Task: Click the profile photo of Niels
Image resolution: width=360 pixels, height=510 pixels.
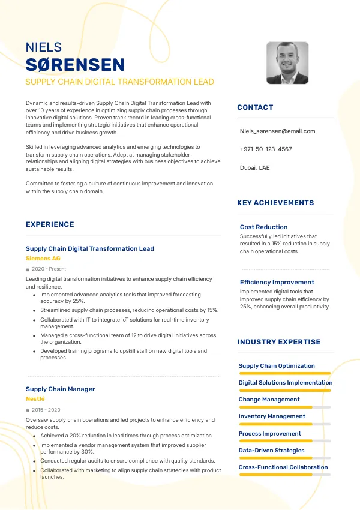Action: coord(287,63)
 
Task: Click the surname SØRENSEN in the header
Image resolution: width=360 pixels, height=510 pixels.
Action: coord(75,65)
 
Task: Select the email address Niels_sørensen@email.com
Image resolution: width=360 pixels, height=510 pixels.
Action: coord(277,131)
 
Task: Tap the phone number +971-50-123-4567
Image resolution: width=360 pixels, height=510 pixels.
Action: coord(266,149)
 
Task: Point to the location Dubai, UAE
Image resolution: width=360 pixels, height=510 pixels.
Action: coord(255,167)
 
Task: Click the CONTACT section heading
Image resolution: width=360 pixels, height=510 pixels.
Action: coord(255,107)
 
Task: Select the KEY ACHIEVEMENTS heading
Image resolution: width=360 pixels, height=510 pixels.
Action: coord(275,203)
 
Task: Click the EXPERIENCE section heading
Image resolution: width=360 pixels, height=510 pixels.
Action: coord(50,224)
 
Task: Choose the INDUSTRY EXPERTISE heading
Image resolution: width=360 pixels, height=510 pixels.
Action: coord(279,342)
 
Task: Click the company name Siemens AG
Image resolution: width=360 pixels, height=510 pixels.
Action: coord(43,258)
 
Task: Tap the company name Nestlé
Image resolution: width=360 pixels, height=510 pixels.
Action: coord(35,398)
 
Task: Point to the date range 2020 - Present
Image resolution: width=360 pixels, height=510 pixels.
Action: coord(49,269)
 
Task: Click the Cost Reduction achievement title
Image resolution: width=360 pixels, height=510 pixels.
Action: coord(263,227)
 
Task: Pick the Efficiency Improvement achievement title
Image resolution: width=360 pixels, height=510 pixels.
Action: coord(277,282)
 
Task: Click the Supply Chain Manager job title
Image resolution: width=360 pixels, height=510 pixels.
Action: coord(60,389)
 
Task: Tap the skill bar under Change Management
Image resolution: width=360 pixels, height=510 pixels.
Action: coord(284,407)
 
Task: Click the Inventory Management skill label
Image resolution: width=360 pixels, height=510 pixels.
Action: coord(272,416)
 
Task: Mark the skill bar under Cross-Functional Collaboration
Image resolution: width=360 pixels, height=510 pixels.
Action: coord(284,475)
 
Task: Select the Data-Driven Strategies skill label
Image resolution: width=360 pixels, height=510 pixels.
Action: coord(271,450)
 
